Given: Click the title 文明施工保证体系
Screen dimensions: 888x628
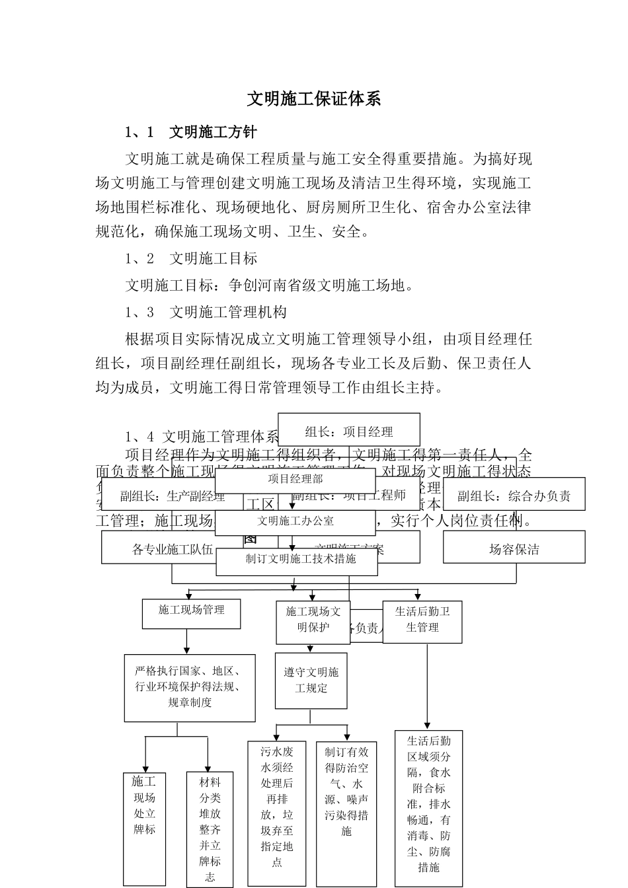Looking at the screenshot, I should (314, 99).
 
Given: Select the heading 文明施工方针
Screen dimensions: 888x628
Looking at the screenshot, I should (213, 132).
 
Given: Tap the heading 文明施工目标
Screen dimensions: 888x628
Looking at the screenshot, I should (213, 258).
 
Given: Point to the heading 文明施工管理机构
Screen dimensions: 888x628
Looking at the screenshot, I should (227, 312).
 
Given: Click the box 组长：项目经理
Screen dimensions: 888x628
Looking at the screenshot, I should (349, 431).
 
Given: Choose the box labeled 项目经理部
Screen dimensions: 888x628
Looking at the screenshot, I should (295, 479).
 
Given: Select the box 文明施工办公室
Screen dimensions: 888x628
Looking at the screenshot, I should (295, 521).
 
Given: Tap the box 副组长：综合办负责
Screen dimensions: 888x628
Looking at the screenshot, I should (514, 496).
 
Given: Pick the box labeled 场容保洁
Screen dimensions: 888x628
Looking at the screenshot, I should (514, 549).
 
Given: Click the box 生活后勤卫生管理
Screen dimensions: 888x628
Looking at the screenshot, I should (422, 620).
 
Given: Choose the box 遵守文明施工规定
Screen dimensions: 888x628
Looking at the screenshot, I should (311, 681).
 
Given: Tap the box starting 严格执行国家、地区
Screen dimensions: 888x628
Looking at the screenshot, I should (190, 686).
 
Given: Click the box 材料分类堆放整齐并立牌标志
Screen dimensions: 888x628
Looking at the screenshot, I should (210, 829).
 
